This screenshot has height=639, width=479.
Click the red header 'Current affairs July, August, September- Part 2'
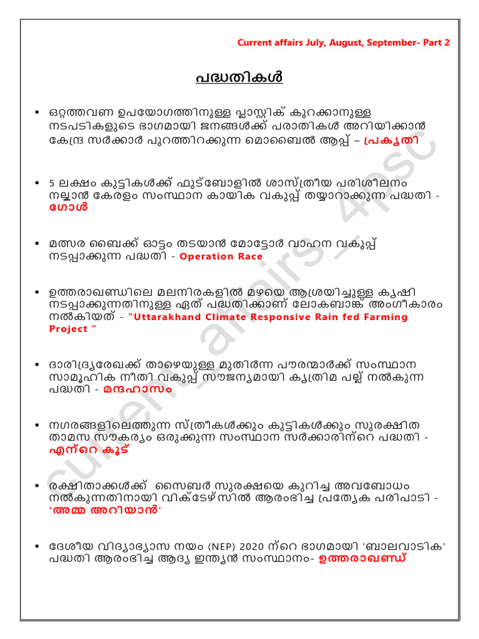(x=343, y=43)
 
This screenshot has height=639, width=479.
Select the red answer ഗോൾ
(x=69, y=208)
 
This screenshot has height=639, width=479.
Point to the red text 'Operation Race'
(x=221, y=256)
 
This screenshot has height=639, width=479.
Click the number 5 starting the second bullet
(x=52, y=183)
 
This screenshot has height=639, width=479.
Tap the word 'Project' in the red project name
(x=68, y=329)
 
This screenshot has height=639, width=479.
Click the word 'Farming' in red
(x=385, y=317)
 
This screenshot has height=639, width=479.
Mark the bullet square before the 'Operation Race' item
(x=39, y=243)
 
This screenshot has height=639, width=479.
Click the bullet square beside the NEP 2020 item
(x=39, y=547)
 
